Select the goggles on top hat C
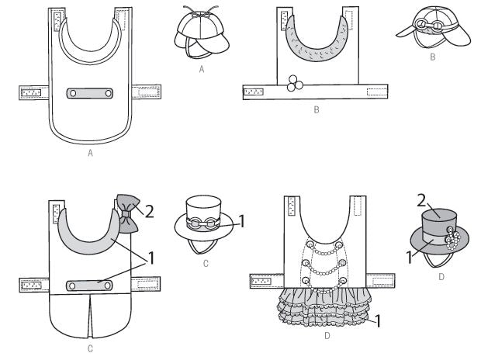201,222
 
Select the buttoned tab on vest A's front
91,94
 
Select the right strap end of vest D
380,277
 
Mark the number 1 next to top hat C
242,221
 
